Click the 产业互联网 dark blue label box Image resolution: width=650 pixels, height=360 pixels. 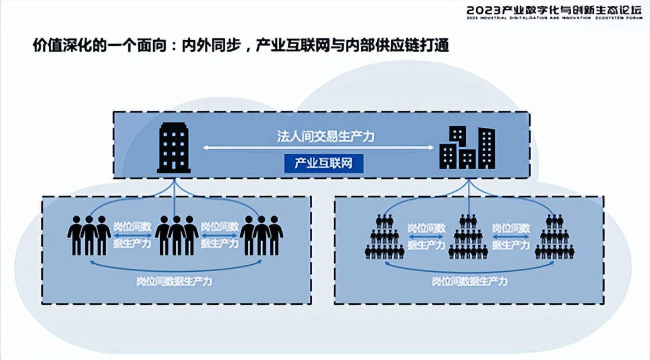323,163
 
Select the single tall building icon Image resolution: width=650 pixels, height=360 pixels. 174,148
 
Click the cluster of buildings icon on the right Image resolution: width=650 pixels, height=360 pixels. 467,148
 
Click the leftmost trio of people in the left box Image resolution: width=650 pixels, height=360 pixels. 89,235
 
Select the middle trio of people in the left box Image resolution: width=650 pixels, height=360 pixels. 176,235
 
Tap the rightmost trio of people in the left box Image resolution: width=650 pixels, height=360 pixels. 262,235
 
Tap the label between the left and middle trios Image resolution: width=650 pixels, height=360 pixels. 132,235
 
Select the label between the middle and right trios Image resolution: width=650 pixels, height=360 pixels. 219,235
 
